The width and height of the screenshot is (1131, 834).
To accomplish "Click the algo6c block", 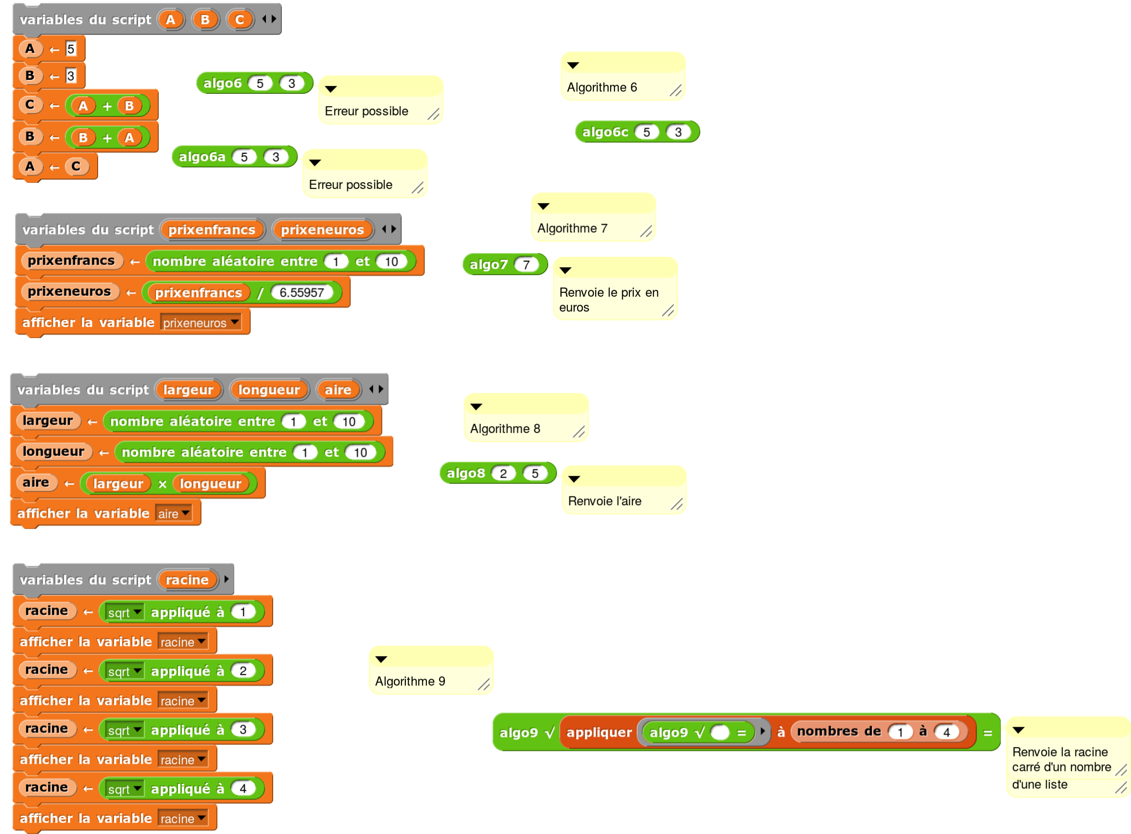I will click(604, 132).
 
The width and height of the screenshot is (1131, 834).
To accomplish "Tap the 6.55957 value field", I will click(302, 293).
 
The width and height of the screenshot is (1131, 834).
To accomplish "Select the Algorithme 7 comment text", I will click(572, 228).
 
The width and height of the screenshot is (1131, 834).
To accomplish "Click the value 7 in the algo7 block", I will click(526, 265).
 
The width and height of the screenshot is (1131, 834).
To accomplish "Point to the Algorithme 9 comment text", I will click(410, 682).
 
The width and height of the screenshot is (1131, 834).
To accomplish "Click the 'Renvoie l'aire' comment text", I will click(604, 501).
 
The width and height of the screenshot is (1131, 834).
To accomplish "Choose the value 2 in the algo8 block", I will click(503, 474).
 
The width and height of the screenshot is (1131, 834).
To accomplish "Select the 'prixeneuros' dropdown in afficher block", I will click(201, 323).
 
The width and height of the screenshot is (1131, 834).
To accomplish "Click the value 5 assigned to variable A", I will click(71, 49).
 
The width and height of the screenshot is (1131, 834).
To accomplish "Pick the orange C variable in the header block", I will click(239, 20).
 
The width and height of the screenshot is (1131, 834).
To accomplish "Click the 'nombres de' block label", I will click(838, 732).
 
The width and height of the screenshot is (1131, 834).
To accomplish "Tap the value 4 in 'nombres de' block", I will click(946, 732).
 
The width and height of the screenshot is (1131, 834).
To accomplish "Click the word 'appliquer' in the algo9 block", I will click(599, 733).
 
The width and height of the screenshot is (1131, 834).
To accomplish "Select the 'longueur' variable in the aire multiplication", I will click(211, 484).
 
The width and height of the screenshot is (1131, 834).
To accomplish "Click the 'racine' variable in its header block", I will click(187, 580).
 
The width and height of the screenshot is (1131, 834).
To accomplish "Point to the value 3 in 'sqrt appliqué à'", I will click(243, 730).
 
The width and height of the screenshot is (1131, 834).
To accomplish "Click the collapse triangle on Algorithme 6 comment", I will click(573, 65).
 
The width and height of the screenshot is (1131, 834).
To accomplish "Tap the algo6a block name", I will click(202, 157).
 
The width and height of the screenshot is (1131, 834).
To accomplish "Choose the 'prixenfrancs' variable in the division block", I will click(198, 293).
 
